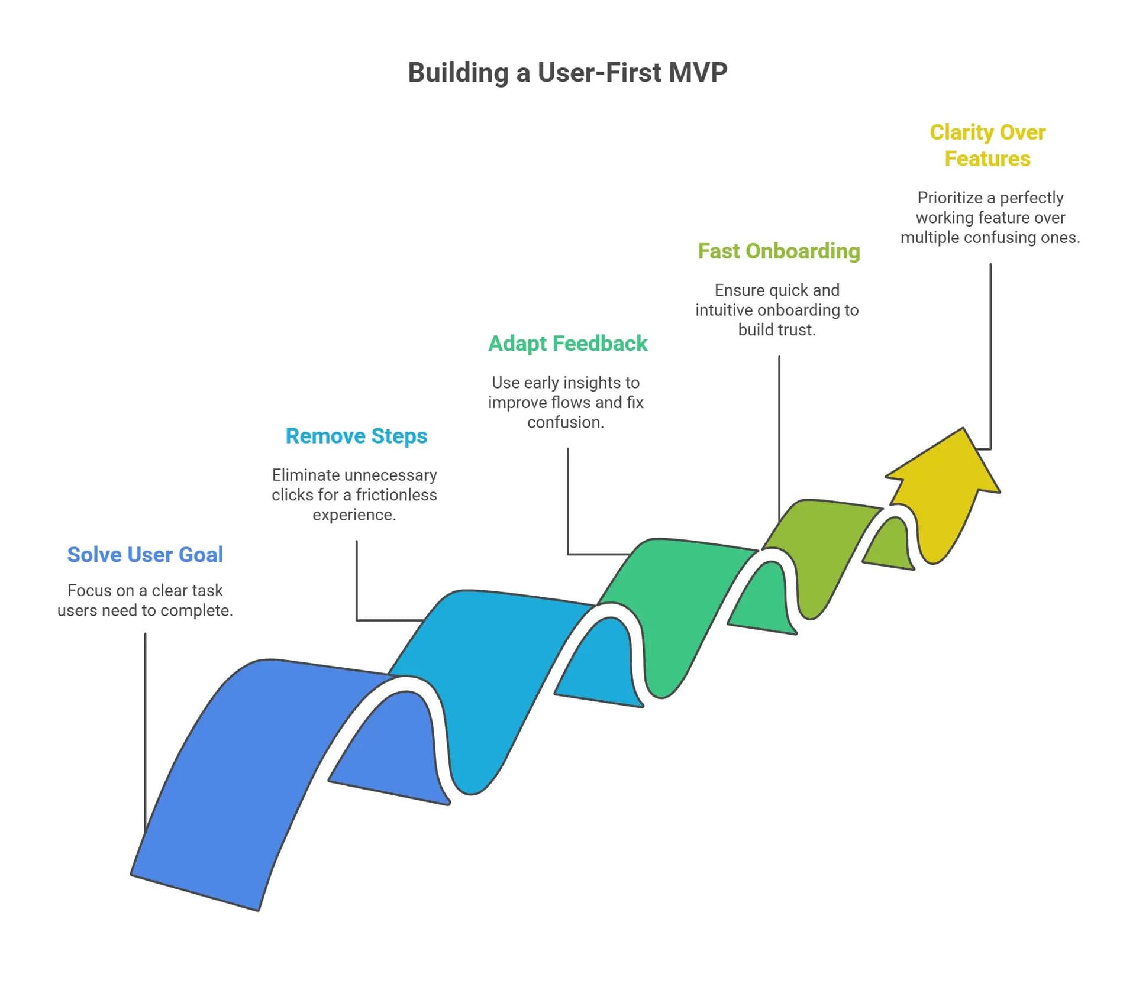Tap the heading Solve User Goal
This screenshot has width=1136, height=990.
145,555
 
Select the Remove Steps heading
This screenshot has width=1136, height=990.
356,436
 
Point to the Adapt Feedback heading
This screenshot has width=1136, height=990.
567,344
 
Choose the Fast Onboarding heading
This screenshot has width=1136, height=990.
779,251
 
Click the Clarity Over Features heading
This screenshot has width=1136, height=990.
987,145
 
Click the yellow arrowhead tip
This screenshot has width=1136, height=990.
963,431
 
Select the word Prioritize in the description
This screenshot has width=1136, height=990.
949,198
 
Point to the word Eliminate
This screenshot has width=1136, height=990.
305,475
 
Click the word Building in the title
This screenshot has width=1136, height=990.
458,73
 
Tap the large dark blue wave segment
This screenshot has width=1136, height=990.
237,781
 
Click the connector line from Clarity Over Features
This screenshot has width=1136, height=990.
990,355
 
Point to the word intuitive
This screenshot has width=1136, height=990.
725,310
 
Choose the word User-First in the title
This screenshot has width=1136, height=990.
599,73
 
